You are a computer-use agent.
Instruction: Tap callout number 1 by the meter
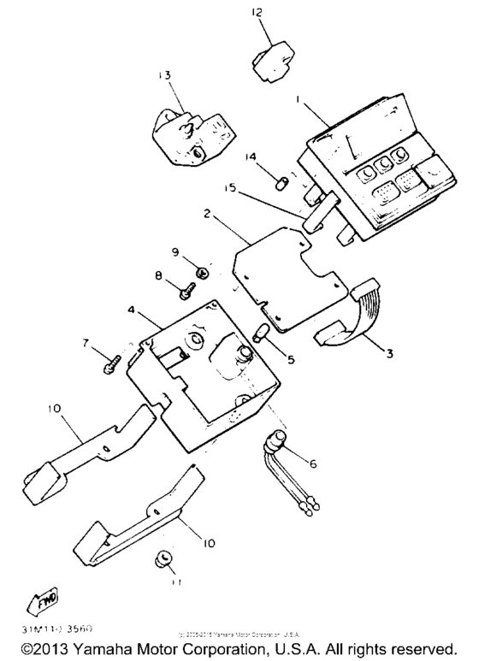coord(297,99)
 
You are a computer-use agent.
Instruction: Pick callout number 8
coord(158,275)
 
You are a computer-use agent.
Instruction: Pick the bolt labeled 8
coord(185,291)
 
